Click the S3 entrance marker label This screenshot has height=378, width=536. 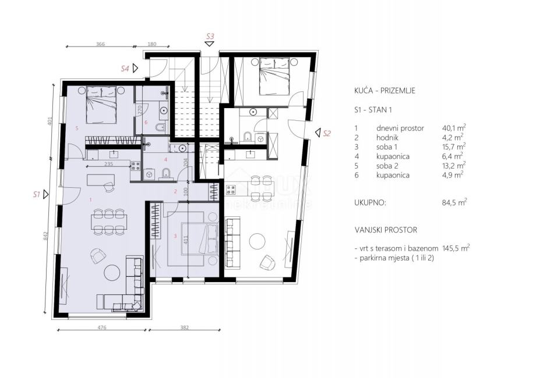pos(210,36)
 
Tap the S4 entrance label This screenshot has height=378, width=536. pos(125,69)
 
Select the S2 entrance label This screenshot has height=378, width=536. pos(327,133)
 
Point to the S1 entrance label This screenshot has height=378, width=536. pos(37,194)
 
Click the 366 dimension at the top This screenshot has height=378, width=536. pos(100,44)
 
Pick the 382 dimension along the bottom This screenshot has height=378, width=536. pos(184,327)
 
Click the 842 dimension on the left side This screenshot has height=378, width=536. pos(46,237)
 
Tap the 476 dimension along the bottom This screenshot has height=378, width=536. pos(102,327)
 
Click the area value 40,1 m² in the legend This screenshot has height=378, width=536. pos(454,128)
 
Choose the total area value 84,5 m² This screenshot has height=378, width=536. pos(454,202)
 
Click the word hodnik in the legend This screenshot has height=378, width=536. pos(387,137)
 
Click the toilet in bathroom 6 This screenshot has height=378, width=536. pos(160,128)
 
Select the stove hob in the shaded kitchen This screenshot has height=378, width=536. pos(135,166)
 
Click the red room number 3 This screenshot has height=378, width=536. pos(175,236)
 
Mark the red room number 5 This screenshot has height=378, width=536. pos(77,129)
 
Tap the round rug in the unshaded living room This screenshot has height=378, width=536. pos(257,241)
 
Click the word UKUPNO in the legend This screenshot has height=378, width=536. pos(370,202)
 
